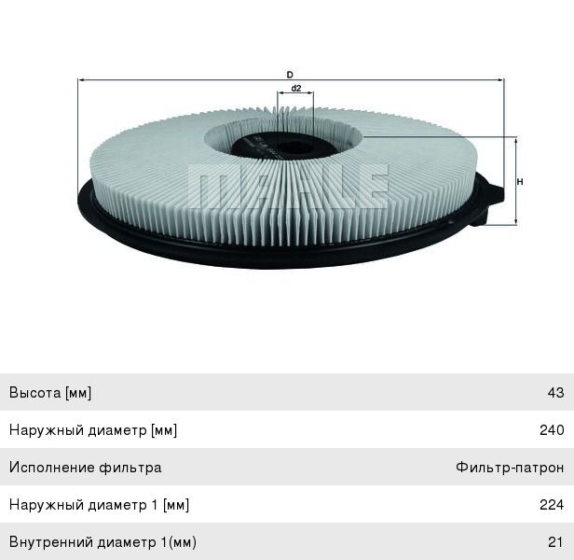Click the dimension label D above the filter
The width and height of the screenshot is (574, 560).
click(x=290, y=74)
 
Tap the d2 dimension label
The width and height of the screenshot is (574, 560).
click(x=295, y=88)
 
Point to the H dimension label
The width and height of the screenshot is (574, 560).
click(x=519, y=181)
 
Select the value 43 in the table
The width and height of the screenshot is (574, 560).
click(x=555, y=393)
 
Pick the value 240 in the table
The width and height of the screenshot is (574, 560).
click(x=552, y=430)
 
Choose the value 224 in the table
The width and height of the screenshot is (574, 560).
click(x=552, y=505)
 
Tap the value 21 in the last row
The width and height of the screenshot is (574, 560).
click(x=555, y=542)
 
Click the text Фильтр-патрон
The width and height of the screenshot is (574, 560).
click(x=510, y=468)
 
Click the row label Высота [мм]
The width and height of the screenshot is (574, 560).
click(x=50, y=393)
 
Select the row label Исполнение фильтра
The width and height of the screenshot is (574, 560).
click(x=85, y=468)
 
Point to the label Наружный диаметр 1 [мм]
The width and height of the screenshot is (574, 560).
click(x=99, y=505)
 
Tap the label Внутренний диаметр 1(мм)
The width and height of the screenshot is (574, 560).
click(x=102, y=542)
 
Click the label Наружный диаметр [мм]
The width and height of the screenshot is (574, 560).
click(x=93, y=430)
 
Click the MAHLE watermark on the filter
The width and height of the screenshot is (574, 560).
click(x=289, y=184)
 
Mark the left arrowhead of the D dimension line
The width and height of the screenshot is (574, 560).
click(x=81, y=82)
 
